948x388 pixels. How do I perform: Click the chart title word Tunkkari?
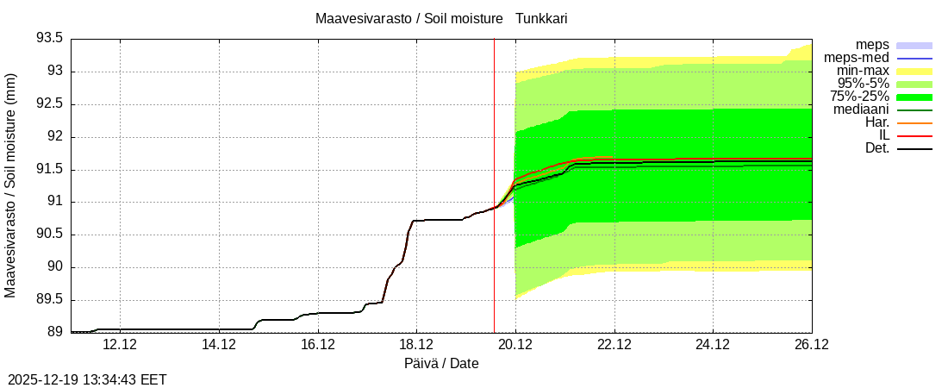(x=541, y=18)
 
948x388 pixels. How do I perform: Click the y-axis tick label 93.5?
(x=49, y=38)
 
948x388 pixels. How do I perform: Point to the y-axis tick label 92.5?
(x=49, y=103)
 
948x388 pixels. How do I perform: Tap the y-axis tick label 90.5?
(x=49, y=234)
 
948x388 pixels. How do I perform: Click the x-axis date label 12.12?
(x=120, y=345)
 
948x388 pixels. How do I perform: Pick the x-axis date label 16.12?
(x=318, y=345)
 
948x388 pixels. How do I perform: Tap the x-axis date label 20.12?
(x=515, y=345)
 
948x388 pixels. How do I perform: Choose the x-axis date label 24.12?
(x=713, y=345)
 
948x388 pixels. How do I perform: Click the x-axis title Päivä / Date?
(x=441, y=364)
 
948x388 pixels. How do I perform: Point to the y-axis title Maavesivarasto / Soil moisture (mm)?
(x=10, y=185)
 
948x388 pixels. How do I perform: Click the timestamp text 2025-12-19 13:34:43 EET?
(x=87, y=379)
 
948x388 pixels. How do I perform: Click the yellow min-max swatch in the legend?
(x=914, y=71)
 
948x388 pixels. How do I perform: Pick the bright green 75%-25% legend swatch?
(x=914, y=97)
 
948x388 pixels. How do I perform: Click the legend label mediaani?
(x=861, y=110)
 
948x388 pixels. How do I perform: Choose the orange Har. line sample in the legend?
(x=914, y=122)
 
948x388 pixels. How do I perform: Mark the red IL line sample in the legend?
(x=914, y=135)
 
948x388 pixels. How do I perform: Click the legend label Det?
(x=876, y=148)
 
